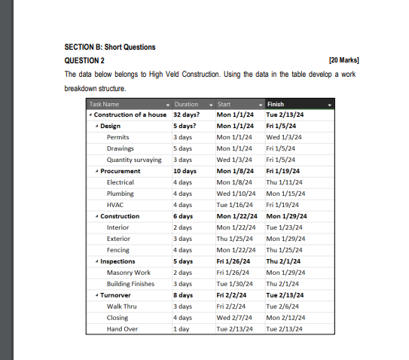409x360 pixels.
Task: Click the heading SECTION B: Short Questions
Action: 110,47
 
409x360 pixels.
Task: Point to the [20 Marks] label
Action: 344,60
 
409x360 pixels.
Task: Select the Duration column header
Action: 186,104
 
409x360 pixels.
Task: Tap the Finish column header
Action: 276,104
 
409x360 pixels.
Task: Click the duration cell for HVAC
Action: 183,205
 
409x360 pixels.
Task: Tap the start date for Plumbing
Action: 236,194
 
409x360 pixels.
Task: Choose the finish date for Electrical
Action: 284,182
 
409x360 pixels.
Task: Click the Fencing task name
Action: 118,250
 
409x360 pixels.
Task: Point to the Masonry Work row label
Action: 128,273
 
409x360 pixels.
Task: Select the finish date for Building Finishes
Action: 284,284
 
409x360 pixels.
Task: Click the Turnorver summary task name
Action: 117,295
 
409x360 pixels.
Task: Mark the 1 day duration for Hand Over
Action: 180,329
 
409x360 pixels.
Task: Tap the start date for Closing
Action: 236,318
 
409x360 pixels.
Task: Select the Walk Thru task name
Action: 121,307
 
